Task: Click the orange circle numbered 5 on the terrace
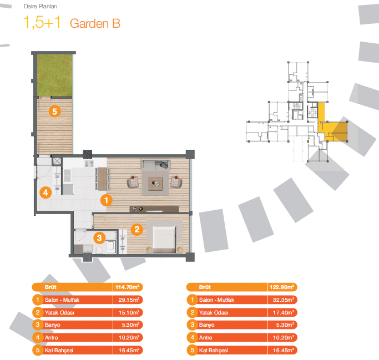click(54, 111)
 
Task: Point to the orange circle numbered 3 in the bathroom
click(99, 239)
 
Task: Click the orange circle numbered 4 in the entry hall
click(46, 193)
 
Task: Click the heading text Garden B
click(95, 23)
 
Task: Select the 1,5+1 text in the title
click(43, 23)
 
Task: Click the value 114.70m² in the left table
click(126, 287)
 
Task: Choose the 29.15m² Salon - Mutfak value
click(127, 300)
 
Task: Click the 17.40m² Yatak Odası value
click(283, 312)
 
